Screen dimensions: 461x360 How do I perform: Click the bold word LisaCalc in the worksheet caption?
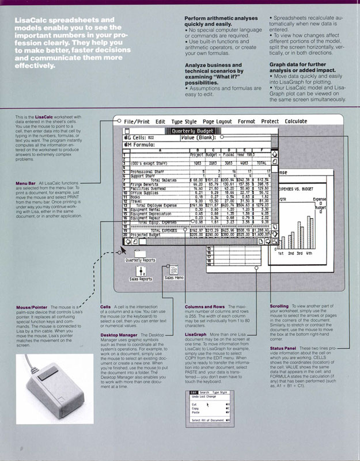44,133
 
